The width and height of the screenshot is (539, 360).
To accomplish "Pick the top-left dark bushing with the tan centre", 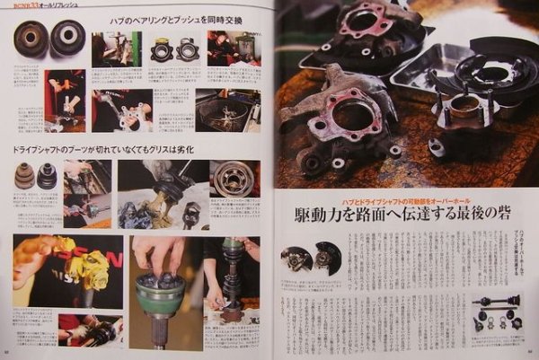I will pyautogui.click(x=31, y=39).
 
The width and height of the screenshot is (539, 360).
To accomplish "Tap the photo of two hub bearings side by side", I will pyautogui.click(x=174, y=50).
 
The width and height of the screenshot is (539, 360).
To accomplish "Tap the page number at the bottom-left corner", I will pyautogui.click(x=7, y=353).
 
